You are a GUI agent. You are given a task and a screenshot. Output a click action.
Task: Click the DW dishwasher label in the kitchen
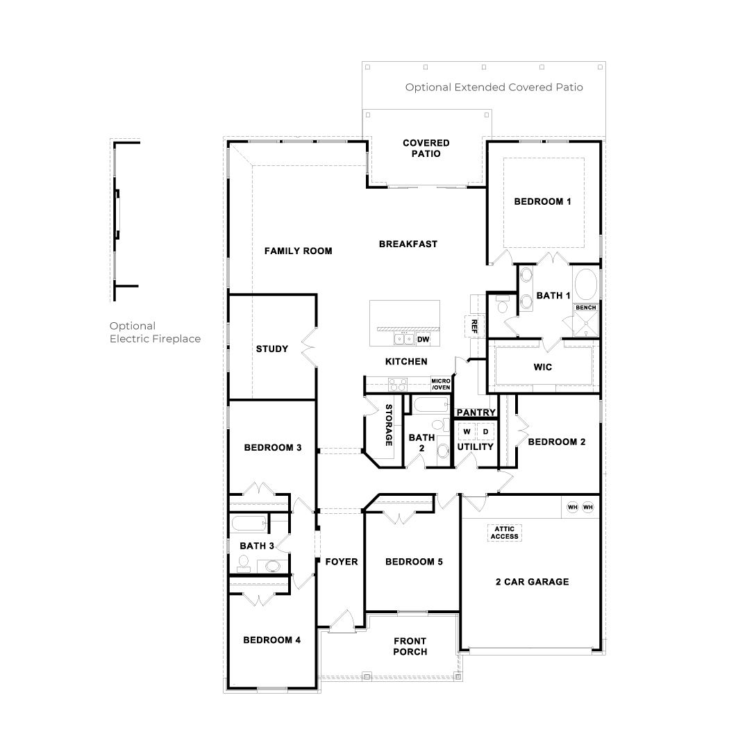pos(424,340)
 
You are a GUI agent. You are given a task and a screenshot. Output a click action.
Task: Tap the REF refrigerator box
pos(475,326)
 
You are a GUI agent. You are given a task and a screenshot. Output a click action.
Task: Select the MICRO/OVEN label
pos(441,384)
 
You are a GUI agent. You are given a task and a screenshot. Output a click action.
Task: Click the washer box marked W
pos(467,432)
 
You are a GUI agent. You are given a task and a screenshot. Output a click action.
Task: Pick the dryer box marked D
pos(486,432)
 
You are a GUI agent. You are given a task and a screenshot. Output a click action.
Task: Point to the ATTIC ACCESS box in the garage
pos(503,533)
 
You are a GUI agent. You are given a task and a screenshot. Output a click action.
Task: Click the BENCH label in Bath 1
pos(585,307)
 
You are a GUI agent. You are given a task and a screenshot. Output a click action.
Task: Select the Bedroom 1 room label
pos(542,202)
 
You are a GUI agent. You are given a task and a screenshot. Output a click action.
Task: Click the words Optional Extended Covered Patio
pos(494,87)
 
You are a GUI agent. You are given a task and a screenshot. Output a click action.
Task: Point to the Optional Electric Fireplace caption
pos(155,333)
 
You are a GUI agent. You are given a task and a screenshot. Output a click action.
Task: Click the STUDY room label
pos(271,349)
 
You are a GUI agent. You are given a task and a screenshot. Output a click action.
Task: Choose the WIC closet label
pos(544,367)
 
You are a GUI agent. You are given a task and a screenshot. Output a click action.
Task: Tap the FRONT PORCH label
pos(410,646)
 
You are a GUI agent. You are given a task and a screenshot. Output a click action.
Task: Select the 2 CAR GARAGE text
pos(532,582)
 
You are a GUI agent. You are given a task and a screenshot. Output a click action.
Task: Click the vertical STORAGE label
pos(389,424)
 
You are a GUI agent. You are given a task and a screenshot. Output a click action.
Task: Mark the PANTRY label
pos(476,412)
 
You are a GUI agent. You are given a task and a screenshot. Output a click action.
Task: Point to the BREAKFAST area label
pos(408,244)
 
